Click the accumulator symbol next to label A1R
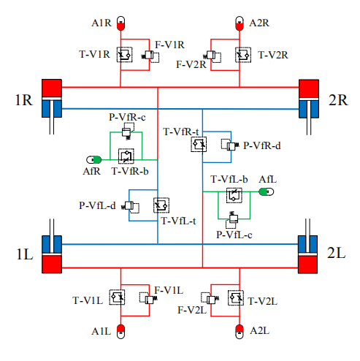(x=120, y=23)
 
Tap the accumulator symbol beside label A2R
(x=240, y=23)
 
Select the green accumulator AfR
(x=94, y=160)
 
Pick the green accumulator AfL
(x=266, y=191)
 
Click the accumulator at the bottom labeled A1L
(x=120, y=331)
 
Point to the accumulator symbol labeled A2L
(x=240, y=331)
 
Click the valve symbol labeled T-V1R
(x=124, y=55)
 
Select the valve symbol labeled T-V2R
(x=243, y=55)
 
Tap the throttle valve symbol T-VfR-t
(x=199, y=145)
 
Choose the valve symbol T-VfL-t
(x=161, y=205)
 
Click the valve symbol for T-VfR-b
(x=126, y=156)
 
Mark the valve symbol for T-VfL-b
(x=234, y=195)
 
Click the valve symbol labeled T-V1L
(x=117, y=297)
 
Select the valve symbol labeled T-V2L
(x=236, y=297)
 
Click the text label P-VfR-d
(x=262, y=145)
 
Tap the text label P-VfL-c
(x=234, y=235)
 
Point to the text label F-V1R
(x=169, y=45)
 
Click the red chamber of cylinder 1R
(x=52, y=88)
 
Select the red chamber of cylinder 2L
(x=307, y=265)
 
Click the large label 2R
(x=338, y=100)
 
